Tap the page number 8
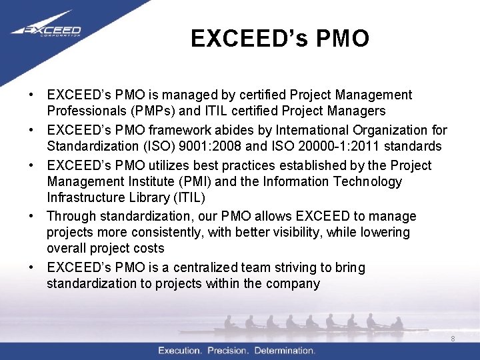(x=453, y=339)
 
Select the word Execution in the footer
(x=180, y=351)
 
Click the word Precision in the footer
(x=229, y=351)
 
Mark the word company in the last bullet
(x=291, y=283)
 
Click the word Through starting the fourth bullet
(x=71, y=216)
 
